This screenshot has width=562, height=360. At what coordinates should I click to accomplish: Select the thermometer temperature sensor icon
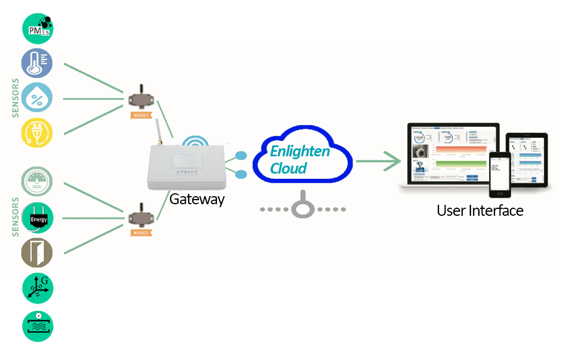[x=37, y=63]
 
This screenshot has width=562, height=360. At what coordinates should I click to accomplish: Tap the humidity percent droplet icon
[x=37, y=97]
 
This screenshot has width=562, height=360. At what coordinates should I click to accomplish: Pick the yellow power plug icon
[x=37, y=133]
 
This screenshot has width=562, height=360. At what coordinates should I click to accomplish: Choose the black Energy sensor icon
[x=37, y=218]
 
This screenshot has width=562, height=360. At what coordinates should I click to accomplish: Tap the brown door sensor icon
[x=37, y=253]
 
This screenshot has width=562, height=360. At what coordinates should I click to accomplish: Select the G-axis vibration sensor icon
[x=38, y=288]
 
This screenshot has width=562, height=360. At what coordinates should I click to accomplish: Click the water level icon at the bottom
[x=38, y=325]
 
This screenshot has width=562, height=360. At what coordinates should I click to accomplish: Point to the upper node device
[x=141, y=98]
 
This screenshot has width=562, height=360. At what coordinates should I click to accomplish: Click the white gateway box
[x=186, y=167]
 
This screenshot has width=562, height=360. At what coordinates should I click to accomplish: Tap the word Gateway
[x=197, y=199]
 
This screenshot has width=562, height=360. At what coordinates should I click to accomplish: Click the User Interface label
[x=479, y=211]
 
